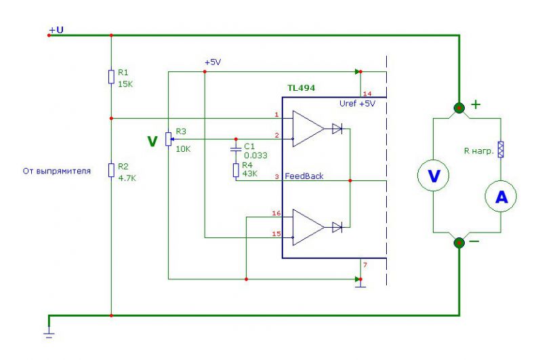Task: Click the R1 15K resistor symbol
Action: (111, 77)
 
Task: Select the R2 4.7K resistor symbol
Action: (111, 170)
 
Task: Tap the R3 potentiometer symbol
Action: (168, 139)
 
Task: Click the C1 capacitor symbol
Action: (236, 148)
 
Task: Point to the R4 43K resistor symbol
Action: (236, 170)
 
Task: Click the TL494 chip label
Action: (301, 88)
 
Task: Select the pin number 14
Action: (367, 94)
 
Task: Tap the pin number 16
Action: (276, 213)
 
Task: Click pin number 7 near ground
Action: (365, 265)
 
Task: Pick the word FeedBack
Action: (304, 176)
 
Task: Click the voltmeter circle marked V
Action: (434, 176)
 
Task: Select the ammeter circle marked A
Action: (501, 196)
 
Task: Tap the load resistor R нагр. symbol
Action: (501, 149)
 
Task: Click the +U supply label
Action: (56, 30)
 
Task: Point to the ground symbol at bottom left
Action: (49, 334)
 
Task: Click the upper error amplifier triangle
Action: (308, 129)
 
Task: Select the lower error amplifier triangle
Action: (308, 227)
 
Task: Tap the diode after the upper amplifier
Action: (337, 129)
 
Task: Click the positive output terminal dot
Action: (459, 108)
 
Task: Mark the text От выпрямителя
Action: (57, 171)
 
